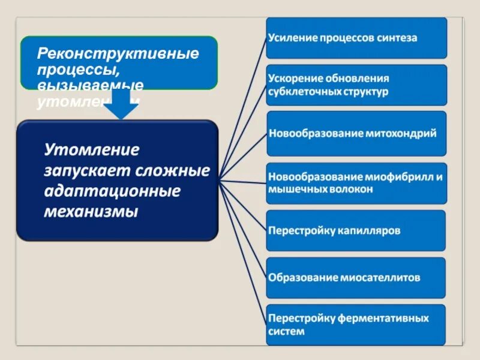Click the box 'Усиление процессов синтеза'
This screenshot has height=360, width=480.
click(356, 38)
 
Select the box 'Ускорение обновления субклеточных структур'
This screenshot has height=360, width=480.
click(356, 85)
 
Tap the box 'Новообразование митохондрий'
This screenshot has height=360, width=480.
click(356, 133)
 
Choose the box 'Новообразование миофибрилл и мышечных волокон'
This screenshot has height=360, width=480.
click(356, 182)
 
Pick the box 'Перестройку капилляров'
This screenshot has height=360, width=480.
click(356, 230)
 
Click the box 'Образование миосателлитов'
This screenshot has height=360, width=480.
click(356, 278)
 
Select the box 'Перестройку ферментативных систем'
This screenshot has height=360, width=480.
click(356, 325)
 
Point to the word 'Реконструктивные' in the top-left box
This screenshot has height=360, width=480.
click(118, 53)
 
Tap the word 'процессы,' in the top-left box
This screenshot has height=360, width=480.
click(67, 69)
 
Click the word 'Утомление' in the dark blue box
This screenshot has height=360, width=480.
click(91, 149)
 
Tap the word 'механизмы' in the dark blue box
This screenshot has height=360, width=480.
click(91, 212)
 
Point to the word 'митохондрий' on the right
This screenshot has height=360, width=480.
click(401, 133)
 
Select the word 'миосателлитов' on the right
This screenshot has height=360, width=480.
click(382, 278)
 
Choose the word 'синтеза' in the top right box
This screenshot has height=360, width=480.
click(398, 38)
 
